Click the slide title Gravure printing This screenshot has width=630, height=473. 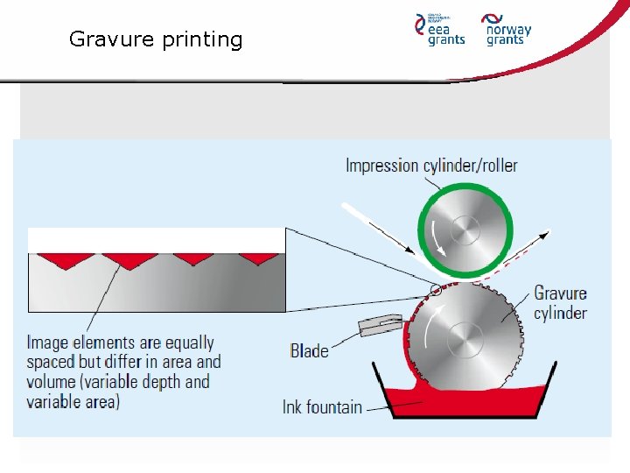pyautogui.click(x=156, y=39)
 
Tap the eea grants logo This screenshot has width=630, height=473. pyautogui.click(x=439, y=29)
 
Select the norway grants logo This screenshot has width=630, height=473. pyautogui.click(x=507, y=29)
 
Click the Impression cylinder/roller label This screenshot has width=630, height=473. pyautogui.click(x=431, y=165)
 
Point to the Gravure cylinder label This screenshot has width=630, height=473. pyautogui.click(x=560, y=303)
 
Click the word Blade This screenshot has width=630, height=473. pyautogui.click(x=309, y=350)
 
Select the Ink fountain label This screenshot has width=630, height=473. pyautogui.click(x=322, y=406)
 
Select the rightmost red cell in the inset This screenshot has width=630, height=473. pyautogui.click(x=258, y=258)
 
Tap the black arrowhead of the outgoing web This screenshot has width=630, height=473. pyautogui.click(x=547, y=233)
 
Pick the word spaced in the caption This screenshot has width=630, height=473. pyautogui.click(x=51, y=362)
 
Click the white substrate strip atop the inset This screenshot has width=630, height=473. pyautogui.click(x=157, y=240)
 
